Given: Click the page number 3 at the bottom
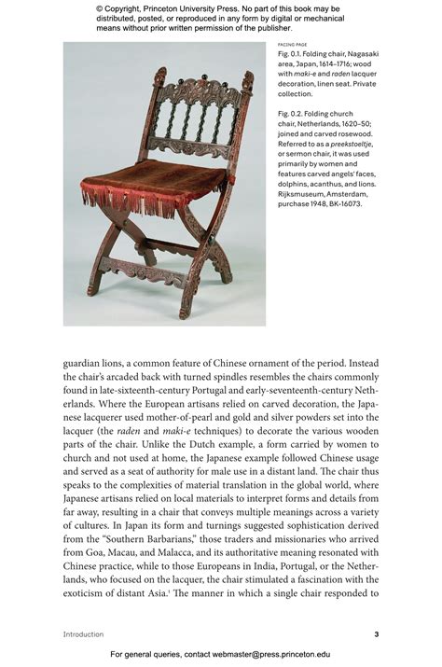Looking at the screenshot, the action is click(376, 634).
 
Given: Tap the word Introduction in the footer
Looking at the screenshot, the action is click(83, 634).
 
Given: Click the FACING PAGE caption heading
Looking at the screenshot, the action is click(293, 45).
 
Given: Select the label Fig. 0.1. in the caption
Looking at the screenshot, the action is click(292, 55).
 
